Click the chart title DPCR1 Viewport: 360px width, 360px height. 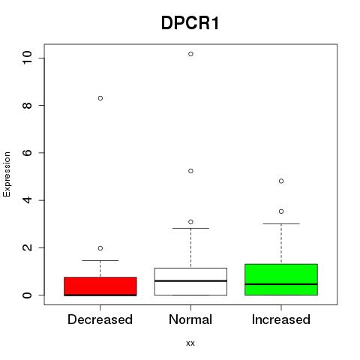pyautogui.click(x=190, y=23)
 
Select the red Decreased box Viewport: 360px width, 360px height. pyautogui.click(x=100, y=286)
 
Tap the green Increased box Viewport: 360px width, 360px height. pyautogui.click(x=281, y=280)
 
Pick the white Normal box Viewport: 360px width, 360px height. pyautogui.click(x=190, y=281)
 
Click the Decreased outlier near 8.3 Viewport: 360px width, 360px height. pyautogui.click(x=100, y=98)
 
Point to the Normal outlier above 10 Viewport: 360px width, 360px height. pyautogui.click(x=190, y=54)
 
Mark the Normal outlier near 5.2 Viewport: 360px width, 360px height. pyautogui.click(x=190, y=171)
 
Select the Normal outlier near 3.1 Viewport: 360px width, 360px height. pyautogui.click(x=190, y=222)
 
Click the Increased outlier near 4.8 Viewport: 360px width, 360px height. pyautogui.click(x=281, y=181)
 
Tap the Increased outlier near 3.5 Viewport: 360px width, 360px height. pyautogui.click(x=281, y=211)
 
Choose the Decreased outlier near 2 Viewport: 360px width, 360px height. pyautogui.click(x=100, y=248)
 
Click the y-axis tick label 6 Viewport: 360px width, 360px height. pyautogui.click(x=27, y=153)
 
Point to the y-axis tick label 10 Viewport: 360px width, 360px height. pyautogui.click(x=27, y=58)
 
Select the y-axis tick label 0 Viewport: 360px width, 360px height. pyautogui.click(x=27, y=295)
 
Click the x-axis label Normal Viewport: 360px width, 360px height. pyautogui.click(x=190, y=319)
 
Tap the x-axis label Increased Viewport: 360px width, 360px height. pyautogui.click(x=281, y=319)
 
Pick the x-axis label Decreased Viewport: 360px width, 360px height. pyautogui.click(x=100, y=319)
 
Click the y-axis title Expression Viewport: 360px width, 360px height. pyautogui.click(x=7, y=174)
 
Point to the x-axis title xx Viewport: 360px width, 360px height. pyautogui.click(x=190, y=343)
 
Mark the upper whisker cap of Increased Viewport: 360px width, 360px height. pyautogui.click(x=281, y=223)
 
